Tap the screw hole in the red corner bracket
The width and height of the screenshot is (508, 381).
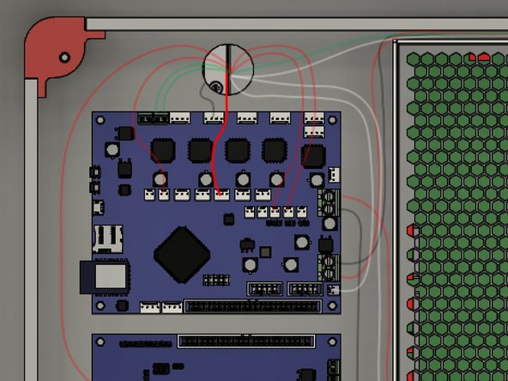point(64,57)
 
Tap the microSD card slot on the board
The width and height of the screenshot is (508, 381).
point(108,238)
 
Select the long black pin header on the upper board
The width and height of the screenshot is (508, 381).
point(251,305)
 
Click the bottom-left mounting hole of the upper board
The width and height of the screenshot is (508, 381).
point(101,305)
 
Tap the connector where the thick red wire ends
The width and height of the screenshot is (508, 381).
point(222,195)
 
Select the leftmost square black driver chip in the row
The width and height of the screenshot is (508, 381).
point(162,150)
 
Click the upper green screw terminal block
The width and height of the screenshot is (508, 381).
point(328,203)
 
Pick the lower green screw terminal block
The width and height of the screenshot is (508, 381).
point(327,264)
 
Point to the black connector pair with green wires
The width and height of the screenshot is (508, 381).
point(153,118)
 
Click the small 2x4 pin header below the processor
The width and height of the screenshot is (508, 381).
point(215,280)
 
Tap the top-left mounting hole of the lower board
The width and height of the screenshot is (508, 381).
point(100,342)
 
